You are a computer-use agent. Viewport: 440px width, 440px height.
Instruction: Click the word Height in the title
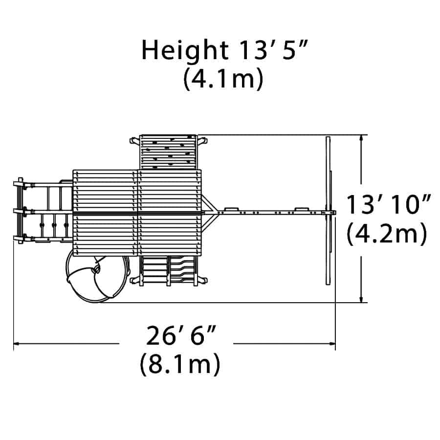[185, 51]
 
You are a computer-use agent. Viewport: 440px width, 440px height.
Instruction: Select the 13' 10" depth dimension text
[388, 204]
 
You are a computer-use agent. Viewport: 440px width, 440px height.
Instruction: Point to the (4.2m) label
[387, 234]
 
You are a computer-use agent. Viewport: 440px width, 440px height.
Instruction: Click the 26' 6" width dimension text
[181, 335]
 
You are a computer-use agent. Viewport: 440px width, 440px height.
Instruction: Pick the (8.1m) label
[180, 364]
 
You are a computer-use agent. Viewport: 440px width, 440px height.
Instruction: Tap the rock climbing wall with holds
[168, 152]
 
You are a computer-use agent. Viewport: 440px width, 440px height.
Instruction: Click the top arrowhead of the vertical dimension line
[361, 138]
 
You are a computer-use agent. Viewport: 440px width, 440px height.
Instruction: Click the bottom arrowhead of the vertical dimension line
[361, 299]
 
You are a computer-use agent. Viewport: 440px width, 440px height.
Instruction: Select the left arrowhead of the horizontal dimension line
[17, 343]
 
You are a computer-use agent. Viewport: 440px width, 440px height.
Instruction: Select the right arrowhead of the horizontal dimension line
[332, 343]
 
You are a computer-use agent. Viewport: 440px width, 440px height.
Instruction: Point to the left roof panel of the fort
[105, 213]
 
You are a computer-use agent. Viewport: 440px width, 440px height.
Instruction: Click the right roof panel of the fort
[170, 213]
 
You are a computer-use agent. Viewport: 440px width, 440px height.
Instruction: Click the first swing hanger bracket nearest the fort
[232, 209]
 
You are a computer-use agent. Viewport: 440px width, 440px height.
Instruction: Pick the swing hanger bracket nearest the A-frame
[302, 209]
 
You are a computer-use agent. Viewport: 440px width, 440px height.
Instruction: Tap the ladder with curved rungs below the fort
[182, 270]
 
